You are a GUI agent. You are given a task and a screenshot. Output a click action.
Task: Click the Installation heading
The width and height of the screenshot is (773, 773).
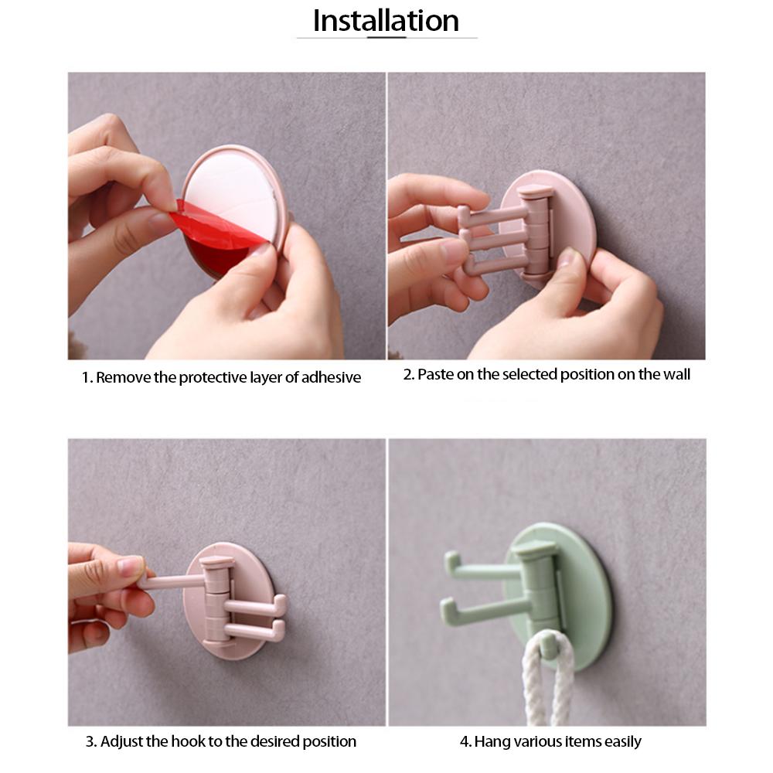point(386,20)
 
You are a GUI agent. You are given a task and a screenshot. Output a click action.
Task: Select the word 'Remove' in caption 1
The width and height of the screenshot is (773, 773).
point(124,378)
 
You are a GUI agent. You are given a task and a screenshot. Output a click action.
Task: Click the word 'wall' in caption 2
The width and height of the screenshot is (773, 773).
point(676,375)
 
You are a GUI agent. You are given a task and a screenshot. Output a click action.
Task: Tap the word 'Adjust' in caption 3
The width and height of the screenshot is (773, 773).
point(121,742)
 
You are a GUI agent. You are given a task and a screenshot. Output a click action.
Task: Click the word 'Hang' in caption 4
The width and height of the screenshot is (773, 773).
point(490,742)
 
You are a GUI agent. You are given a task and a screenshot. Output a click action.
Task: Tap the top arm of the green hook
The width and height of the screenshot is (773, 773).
point(483,572)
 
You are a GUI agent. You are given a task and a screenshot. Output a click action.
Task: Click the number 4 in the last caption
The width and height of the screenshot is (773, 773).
point(464,742)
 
